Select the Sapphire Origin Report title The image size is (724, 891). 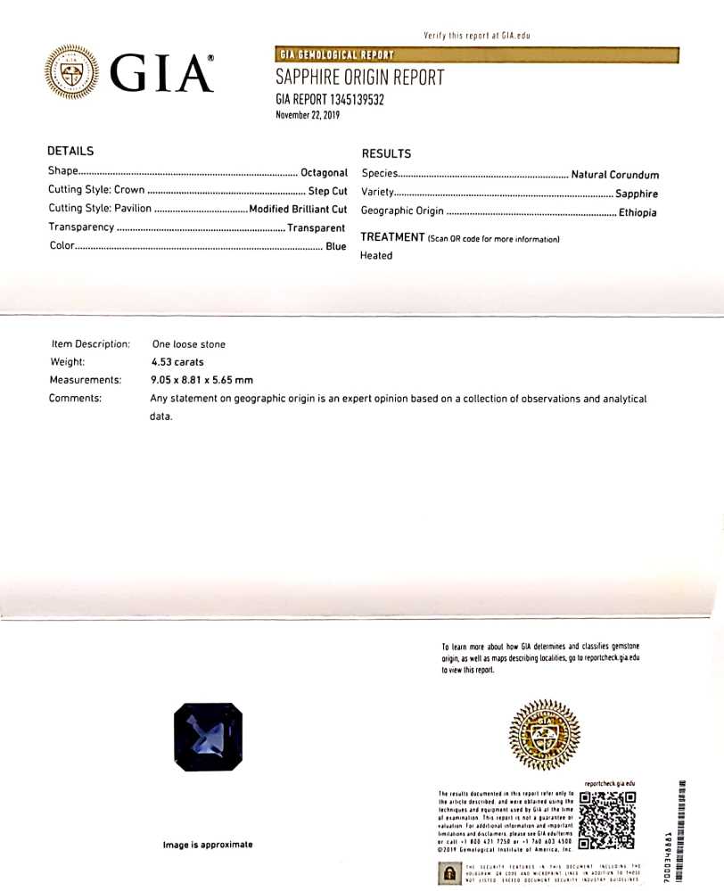pyautogui.click(x=359, y=78)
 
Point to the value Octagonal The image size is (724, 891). pyautogui.click(x=324, y=172)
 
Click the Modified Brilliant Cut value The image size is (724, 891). pyautogui.click(x=298, y=209)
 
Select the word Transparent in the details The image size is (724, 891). pyautogui.click(x=316, y=227)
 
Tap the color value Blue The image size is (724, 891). pyautogui.click(x=335, y=246)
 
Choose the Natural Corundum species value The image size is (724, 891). pyautogui.click(x=614, y=175)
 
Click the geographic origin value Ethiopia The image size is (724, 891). pyautogui.click(x=638, y=213)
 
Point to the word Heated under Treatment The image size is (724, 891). pyautogui.click(x=376, y=255)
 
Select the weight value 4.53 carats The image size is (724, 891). pyautogui.click(x=177, y=362)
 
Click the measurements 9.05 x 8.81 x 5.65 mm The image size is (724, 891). pyautogui.click(x=202, y=380)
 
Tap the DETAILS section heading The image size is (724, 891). pyautogui.click(x=70, y=152)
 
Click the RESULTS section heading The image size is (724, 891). pyautogui.click(x=386, y=153)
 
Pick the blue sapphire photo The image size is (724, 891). pyautogui.click(x=208, y=737)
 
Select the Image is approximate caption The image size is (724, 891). pyautogui.click(x=207, y=845)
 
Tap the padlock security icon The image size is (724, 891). pyautogui.click(x=448, y=875)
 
